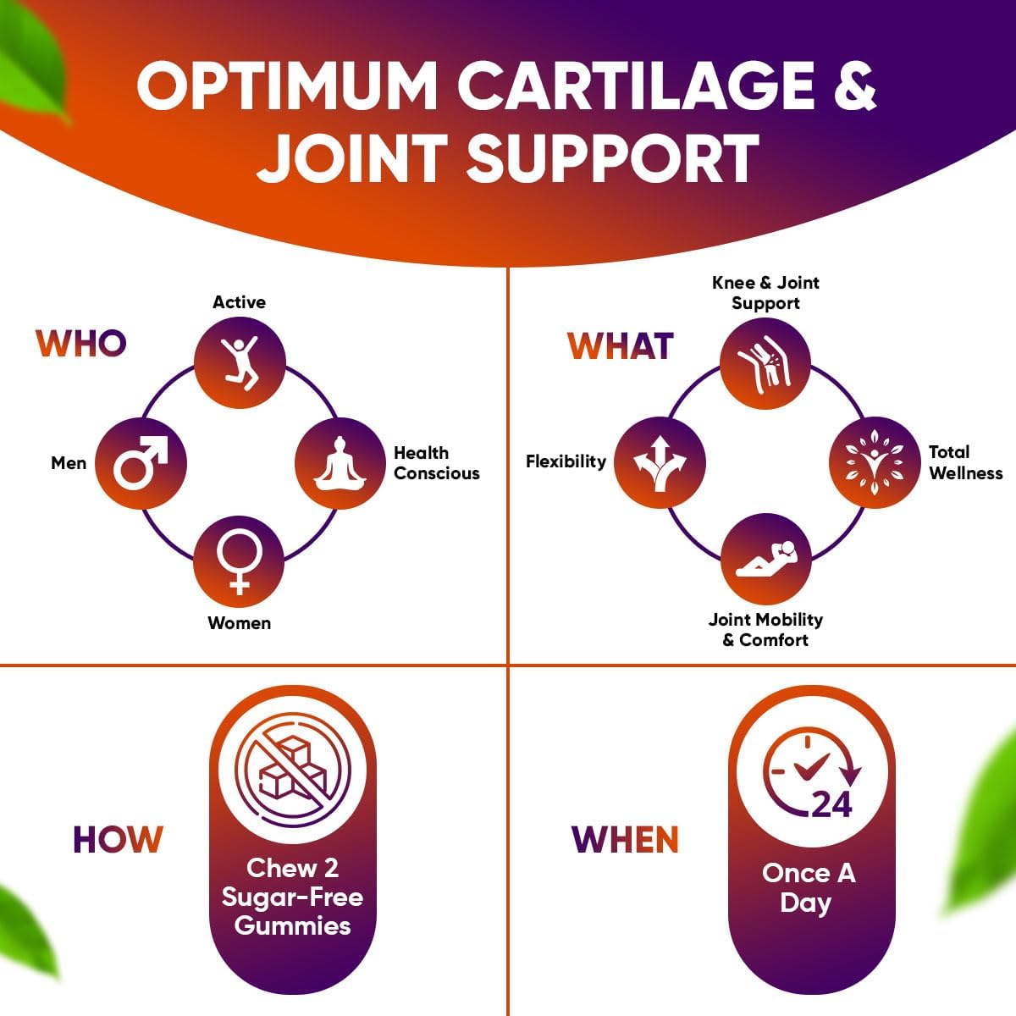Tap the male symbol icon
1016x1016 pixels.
[x=141, y=463]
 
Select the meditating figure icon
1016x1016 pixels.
[x=340, y=463]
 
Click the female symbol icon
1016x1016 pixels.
[x=240, y=560]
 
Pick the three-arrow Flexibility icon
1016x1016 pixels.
[x=660, y=462]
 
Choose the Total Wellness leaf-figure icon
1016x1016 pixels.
[x=873, y=462]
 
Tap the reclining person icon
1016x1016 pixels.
[x=765, y=560]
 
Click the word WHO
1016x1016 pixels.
[x=80, y=344]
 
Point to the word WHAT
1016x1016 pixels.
[x=621, y=346]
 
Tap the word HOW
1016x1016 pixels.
[x=117, y=839]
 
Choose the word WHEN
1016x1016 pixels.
[x=625, y=839]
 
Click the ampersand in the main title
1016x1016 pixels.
[x=853, y=86]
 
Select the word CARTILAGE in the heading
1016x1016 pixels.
[x=635, y=86]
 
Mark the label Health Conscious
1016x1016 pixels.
[x=436, y=463]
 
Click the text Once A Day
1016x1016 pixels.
[x=809, y=887]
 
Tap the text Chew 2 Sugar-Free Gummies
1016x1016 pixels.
[x=292, y=897]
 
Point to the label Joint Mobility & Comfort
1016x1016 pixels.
[x=765, y=629]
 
